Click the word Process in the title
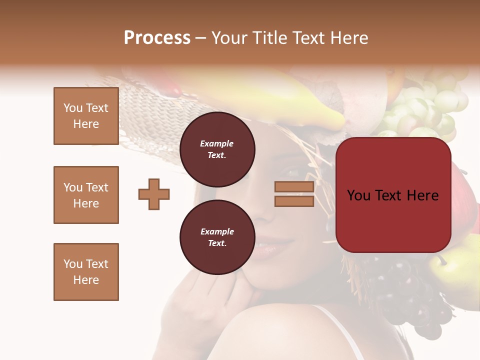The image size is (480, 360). click(157, 38)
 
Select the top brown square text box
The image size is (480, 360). click(86, 116)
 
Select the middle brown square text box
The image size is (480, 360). click(86, 195)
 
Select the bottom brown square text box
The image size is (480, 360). click(86, 272)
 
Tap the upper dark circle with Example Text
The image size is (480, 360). click(217, 149)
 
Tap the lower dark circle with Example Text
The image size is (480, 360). click(217, 237)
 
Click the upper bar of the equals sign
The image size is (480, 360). click(294, 186)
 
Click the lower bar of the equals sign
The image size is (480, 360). click(294, 201)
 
